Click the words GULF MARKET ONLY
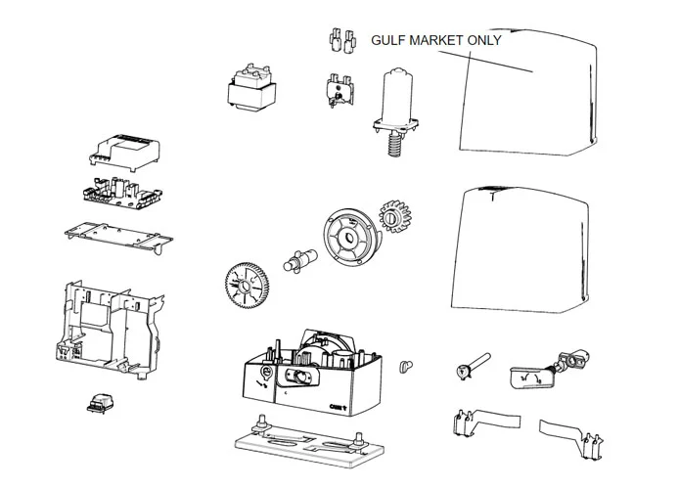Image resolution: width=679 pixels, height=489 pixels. (435, 40)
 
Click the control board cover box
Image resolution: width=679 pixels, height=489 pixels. (123, 153)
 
